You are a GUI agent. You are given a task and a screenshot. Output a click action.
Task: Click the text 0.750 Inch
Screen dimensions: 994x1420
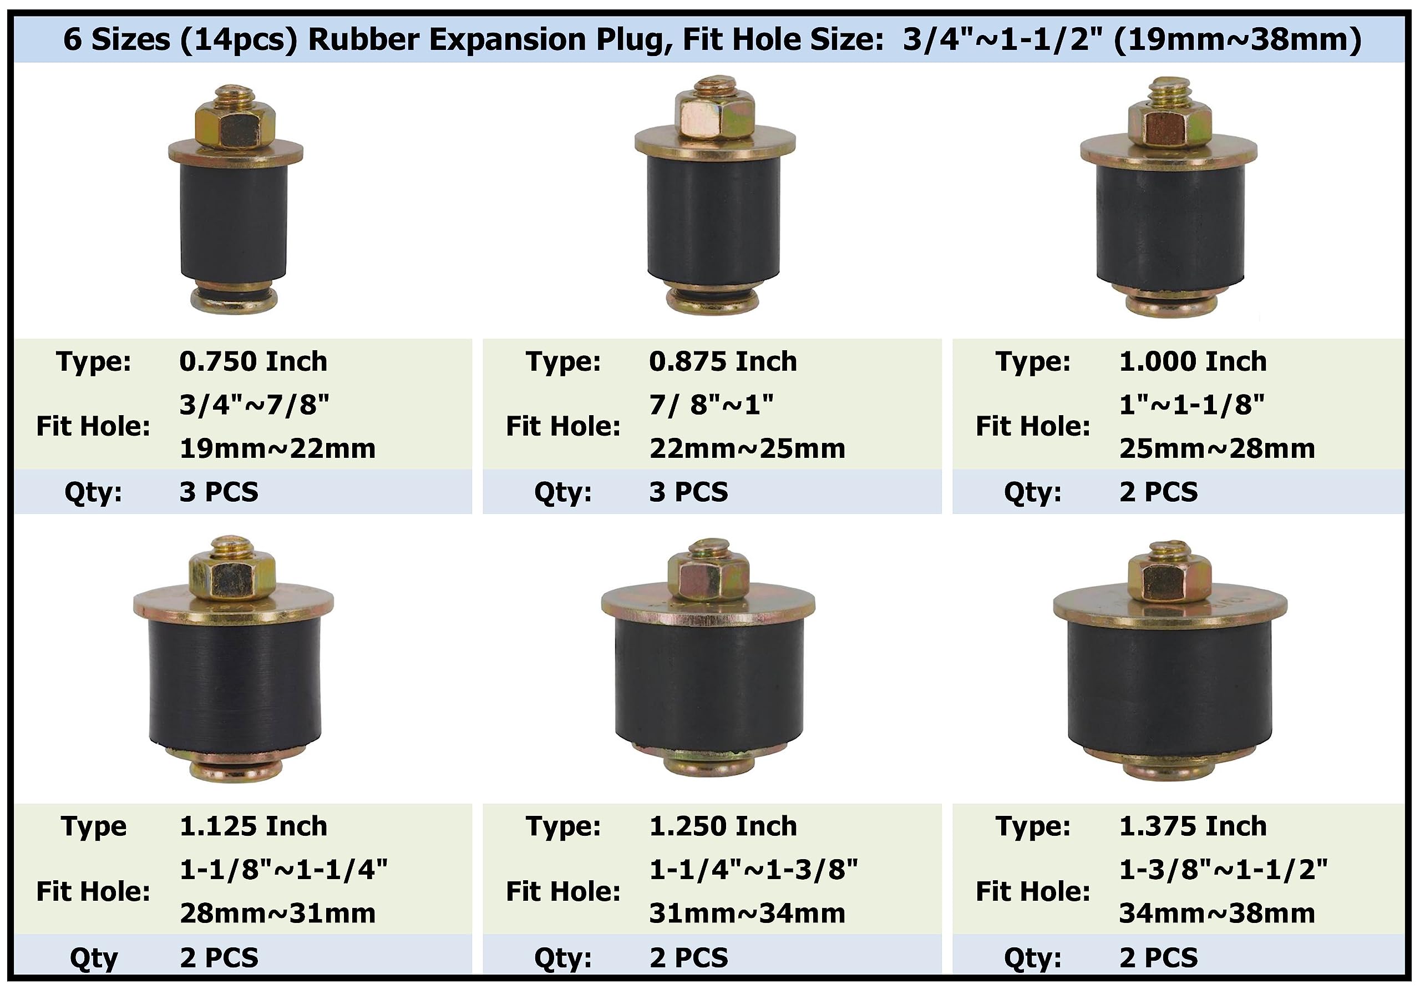click(x=253, y=361)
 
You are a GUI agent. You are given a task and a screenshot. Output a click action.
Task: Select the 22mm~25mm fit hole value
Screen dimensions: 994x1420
click(x=747, y=449)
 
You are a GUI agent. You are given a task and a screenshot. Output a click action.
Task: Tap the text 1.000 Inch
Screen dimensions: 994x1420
click(x=1193, y=361)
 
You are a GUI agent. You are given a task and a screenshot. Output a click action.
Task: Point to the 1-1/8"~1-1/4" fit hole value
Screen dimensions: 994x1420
click(x=283, y=870)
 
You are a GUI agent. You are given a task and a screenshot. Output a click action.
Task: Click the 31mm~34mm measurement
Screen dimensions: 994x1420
click(x=747, y=914)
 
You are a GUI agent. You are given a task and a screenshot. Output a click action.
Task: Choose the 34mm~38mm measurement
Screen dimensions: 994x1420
click(x=1216, y=914)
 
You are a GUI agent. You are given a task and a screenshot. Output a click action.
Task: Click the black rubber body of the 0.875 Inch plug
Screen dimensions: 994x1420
click(x=714, y=216)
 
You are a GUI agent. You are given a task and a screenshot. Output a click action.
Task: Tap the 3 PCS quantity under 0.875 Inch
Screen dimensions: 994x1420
click(x=688, y=492)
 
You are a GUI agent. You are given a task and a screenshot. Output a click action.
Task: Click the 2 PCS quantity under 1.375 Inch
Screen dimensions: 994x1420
click(x=1158, y=958)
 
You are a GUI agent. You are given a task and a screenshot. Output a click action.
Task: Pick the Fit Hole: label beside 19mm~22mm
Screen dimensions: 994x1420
click(x=93, y=426)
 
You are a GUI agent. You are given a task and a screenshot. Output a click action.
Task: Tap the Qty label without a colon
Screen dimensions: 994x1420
click(x=93, y=958)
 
